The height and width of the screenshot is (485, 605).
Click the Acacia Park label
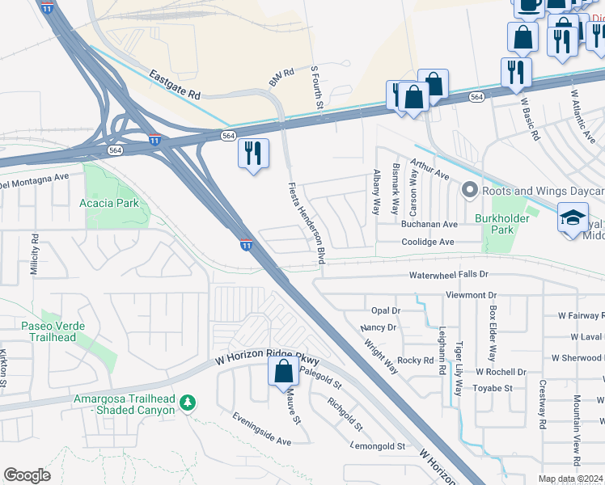pyautogui.click(x=109, y=203)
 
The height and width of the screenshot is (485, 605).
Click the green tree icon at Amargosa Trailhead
pyautogui.click(x=188, y=402)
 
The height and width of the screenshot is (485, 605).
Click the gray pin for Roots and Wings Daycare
pyautogui.click(x=469, y=191)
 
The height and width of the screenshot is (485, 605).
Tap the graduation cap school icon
pyautogui.click(x=572, y=218)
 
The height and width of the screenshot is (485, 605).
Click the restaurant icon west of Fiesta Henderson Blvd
pyautogui.click(x=253, y=152)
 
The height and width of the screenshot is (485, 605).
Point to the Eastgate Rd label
pyautogui.click(x=175, y=84)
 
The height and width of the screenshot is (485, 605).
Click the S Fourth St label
pyautogui.click(x=318, y=89)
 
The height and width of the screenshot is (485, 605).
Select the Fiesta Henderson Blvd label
pyautogui.click(x=307, y=223)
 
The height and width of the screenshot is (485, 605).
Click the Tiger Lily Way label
pyautogui.click(x=459, y=369)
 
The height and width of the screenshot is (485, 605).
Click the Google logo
pyautogui.click(x=27, y=475)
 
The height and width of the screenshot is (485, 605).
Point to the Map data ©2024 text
pyautogui.click(x=570, y=479)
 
